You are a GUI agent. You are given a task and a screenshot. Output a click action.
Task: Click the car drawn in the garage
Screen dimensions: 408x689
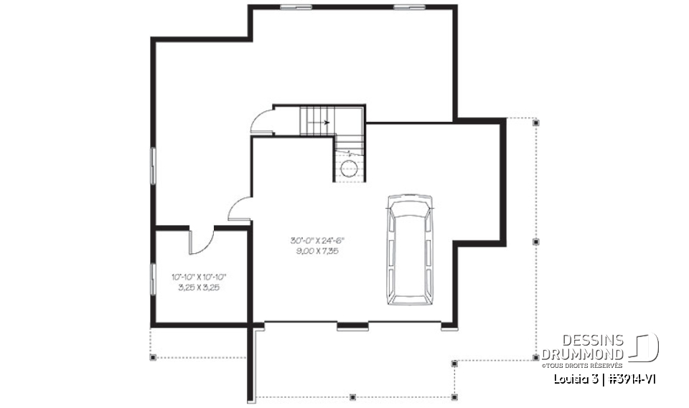(x=408, y=249)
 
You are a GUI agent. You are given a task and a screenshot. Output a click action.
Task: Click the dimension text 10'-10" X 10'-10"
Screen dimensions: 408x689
(x=199, y=277)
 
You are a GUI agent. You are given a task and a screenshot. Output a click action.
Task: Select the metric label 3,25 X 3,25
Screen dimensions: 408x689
(x=199, y=287)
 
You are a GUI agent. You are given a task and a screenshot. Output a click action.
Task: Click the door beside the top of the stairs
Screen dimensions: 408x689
(x=262, y=120)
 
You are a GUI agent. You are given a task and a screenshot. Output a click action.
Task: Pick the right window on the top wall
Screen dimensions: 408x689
(x=404, y=7)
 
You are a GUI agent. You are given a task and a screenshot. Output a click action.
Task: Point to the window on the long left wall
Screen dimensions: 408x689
(x=153, y=166)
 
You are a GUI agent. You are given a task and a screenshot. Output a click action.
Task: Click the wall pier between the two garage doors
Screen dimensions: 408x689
(x=352, y=328)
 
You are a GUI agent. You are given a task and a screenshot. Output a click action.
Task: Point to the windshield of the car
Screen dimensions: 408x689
(x=408, y=212)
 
